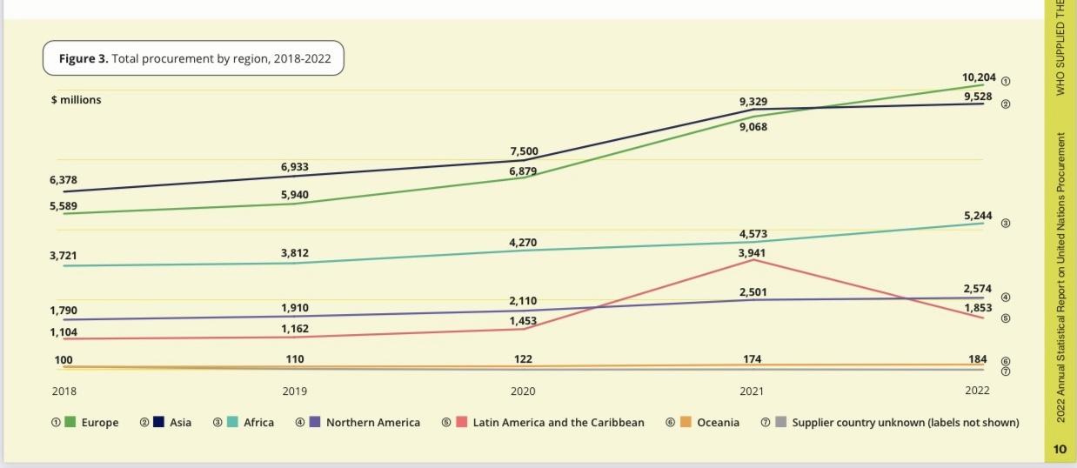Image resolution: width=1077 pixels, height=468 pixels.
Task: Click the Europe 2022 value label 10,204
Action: (x=979, y=77)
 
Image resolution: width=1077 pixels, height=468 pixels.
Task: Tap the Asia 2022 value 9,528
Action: (x=979, y=96)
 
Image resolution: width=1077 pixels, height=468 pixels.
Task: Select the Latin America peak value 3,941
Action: (x=753, y=253)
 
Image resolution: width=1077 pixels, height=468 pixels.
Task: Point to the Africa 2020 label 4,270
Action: (x=522, y=243)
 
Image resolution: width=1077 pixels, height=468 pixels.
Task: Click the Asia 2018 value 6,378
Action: (x=64, y=179)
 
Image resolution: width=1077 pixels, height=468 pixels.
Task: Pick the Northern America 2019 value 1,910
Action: (x=294, y=308)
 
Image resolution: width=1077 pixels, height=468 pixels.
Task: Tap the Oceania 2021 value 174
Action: (x=753, y=358)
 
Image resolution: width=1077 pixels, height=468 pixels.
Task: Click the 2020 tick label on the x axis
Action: (x=523, y=391)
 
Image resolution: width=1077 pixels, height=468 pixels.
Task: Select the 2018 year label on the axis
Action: (x=64, y=391)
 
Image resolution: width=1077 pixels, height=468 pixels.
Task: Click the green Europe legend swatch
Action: (x=71, y=423)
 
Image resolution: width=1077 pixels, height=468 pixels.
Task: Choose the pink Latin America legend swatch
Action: (x=462, y=423)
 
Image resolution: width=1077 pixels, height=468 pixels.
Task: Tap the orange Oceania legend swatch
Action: (x=686, y=423)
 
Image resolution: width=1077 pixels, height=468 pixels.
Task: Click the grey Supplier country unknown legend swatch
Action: (x=781, y=423)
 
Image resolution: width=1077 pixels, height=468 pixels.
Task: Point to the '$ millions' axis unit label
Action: (x=76, y=100)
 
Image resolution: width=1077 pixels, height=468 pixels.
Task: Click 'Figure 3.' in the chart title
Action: (x=84, y=59)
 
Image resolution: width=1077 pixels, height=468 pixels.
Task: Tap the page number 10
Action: (x=1059, y=449)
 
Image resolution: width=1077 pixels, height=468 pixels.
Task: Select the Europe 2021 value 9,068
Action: (x=753, y=127)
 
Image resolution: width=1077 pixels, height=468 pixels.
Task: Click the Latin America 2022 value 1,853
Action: (x=978, y=308)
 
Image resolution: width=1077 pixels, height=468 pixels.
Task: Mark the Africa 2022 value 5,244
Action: (x=978, y=215)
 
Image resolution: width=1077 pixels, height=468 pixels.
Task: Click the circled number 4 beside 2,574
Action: (x=1006, y=298)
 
